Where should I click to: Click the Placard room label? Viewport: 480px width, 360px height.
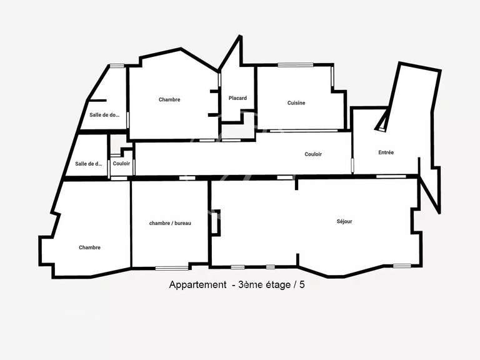point(237,98)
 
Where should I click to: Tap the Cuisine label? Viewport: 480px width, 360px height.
point(296,103)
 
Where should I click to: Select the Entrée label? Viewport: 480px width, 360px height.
point(386,152)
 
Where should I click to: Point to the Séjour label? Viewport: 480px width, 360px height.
point(344,221)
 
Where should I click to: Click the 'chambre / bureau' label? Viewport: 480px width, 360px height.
point(169,223)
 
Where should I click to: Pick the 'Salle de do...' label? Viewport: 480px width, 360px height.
point(104,114)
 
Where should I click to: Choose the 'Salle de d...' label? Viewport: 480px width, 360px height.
point(88,164)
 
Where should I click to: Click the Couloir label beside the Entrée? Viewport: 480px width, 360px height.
point(313,154)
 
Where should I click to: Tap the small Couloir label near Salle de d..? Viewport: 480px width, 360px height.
point(121,164)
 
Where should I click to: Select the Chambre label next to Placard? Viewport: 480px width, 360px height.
point(169,99)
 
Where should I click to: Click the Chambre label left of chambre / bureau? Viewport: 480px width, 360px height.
point(89,247)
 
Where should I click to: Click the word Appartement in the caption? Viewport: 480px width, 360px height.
point(197,285)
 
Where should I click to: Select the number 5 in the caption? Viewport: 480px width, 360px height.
point(302,285)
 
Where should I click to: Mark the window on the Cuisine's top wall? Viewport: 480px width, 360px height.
point(295,64)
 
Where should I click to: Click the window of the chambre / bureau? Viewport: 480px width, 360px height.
point(171,268)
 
